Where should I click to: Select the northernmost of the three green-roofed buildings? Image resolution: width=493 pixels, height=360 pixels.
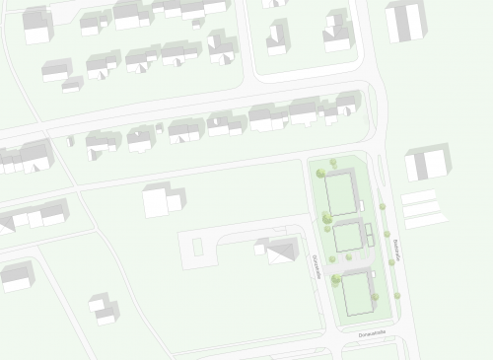coord(340,192)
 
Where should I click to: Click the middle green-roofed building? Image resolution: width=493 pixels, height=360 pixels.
coord(347,237)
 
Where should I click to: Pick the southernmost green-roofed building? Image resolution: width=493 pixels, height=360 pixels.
coord(355,285)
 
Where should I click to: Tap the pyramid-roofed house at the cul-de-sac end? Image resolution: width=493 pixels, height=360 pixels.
coord(279,250)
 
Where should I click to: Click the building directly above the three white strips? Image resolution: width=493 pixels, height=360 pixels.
coord(426,162)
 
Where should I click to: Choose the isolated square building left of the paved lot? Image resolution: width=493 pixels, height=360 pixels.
coord(161,200)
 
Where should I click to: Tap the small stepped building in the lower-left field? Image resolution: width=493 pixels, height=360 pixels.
coord(104,308)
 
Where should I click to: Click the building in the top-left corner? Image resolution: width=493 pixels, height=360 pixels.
coord(37,25)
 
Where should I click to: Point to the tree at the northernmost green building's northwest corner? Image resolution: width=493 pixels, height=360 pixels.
coord(320,174)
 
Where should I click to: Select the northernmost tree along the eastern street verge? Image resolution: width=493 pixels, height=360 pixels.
coord(382,206)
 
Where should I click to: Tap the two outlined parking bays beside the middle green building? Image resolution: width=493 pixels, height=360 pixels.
coord(369,234)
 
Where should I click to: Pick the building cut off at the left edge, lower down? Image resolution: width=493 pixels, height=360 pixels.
coord(16,276)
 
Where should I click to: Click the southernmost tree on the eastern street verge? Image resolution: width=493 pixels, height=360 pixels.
coord(397,295)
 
